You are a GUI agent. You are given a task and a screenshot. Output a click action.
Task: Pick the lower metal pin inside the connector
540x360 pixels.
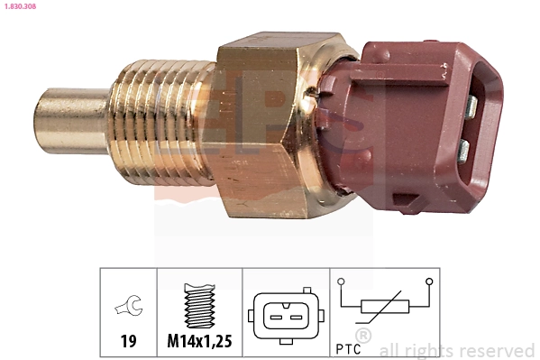[464, 148]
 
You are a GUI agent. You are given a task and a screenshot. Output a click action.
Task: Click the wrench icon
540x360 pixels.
[128, 309]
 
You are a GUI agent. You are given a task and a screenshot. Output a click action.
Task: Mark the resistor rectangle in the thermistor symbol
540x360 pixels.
[386, 307]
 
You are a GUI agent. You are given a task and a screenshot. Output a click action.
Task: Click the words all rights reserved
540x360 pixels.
[457, 350]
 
